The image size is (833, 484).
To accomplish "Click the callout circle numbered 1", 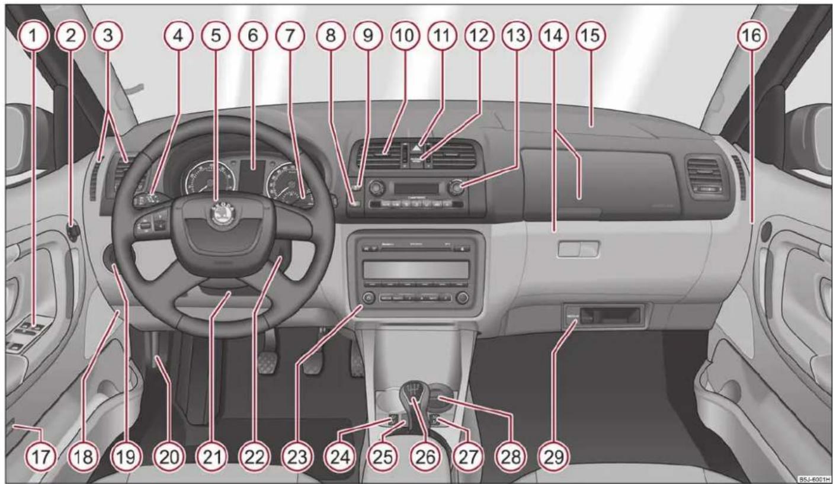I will pos(34,36).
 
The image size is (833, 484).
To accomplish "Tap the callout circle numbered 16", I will pos(750,36).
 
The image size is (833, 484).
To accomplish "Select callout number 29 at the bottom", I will pos(550,457).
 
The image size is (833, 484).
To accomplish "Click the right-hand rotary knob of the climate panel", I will pos(455,189).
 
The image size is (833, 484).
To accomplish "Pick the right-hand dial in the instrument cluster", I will pos(283,181).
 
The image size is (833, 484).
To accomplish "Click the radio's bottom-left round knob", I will pos(369,297).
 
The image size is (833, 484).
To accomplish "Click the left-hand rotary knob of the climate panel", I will pos(374,189).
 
